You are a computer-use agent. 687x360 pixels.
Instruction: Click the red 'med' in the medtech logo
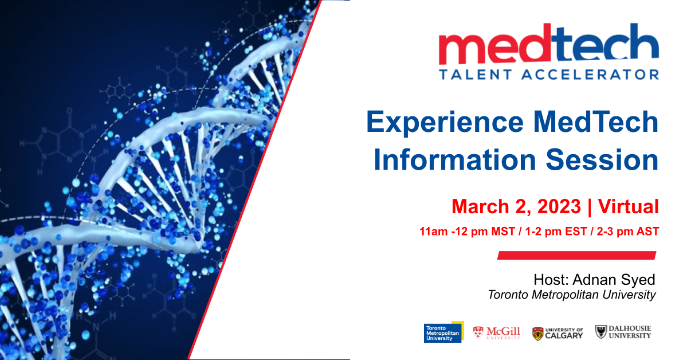(494, 44)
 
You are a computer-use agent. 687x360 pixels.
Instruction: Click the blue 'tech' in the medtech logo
(604, 44)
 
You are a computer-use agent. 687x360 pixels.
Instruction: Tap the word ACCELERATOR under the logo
(590, 75)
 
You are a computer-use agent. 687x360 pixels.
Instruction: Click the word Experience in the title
(445, 122)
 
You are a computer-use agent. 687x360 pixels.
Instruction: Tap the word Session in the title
(602, 159)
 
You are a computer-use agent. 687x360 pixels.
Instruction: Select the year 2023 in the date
(559, 206)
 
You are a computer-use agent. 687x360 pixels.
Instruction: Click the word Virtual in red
(629, 206)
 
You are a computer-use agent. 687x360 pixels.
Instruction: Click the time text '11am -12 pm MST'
(467, 232)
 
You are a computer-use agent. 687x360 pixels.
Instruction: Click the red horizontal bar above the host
(576, 255)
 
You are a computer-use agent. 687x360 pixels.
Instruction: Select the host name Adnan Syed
(614, 280)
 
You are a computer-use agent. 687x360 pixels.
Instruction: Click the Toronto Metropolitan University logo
(443, 332)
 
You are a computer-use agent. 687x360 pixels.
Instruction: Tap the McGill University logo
(497, 333)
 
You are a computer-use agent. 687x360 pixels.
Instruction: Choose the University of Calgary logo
(558, 333)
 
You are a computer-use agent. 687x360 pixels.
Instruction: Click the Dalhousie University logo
(623, 332)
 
